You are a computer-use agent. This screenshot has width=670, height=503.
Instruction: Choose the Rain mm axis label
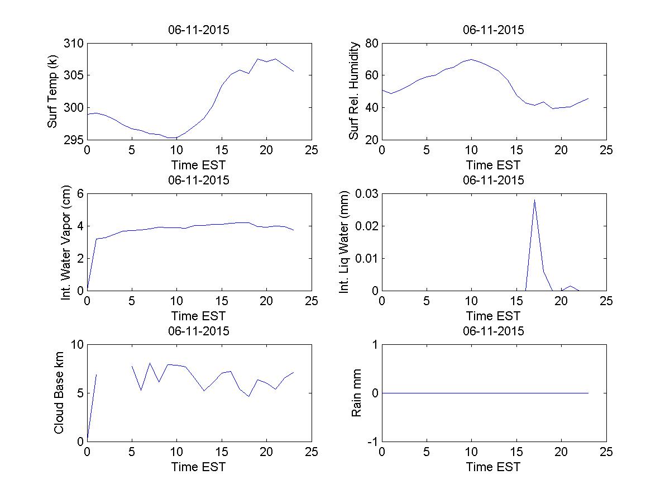[356, 393]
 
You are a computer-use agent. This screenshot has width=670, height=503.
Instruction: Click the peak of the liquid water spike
[534, 200]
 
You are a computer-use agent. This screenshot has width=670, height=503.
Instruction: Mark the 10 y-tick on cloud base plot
[77, 345]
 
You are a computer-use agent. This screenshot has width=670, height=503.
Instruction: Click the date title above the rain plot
[494, 331]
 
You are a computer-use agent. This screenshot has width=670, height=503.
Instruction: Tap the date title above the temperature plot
[199, 30]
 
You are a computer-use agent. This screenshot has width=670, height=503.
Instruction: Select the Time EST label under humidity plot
[494, 165]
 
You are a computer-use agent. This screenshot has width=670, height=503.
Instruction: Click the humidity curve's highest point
[471, 59]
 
